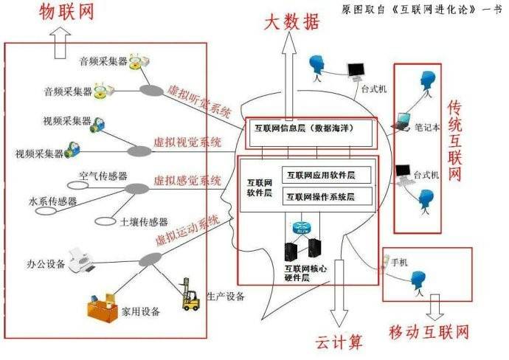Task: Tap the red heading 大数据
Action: pyautogui.click(x=293, y=23)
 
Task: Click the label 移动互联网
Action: pyautogui.click(x=429, y=332)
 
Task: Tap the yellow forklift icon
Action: pyautogui.click(x=190, y=295)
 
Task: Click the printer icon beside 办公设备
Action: pyautogui.click(x=79, y=260)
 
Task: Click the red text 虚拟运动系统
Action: pyautogui.click(x=187, y=230)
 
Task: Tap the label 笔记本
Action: pyautogui.click(x=427, y=126)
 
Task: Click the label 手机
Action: pyautogui.click(x=398, y=262)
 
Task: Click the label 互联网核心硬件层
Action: pyautogui.click(x=305, y=274)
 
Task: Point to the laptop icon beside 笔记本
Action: pyautogui.click(x=403, y=120)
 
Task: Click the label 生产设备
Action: pyautogui.click(x=226, y=297)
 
